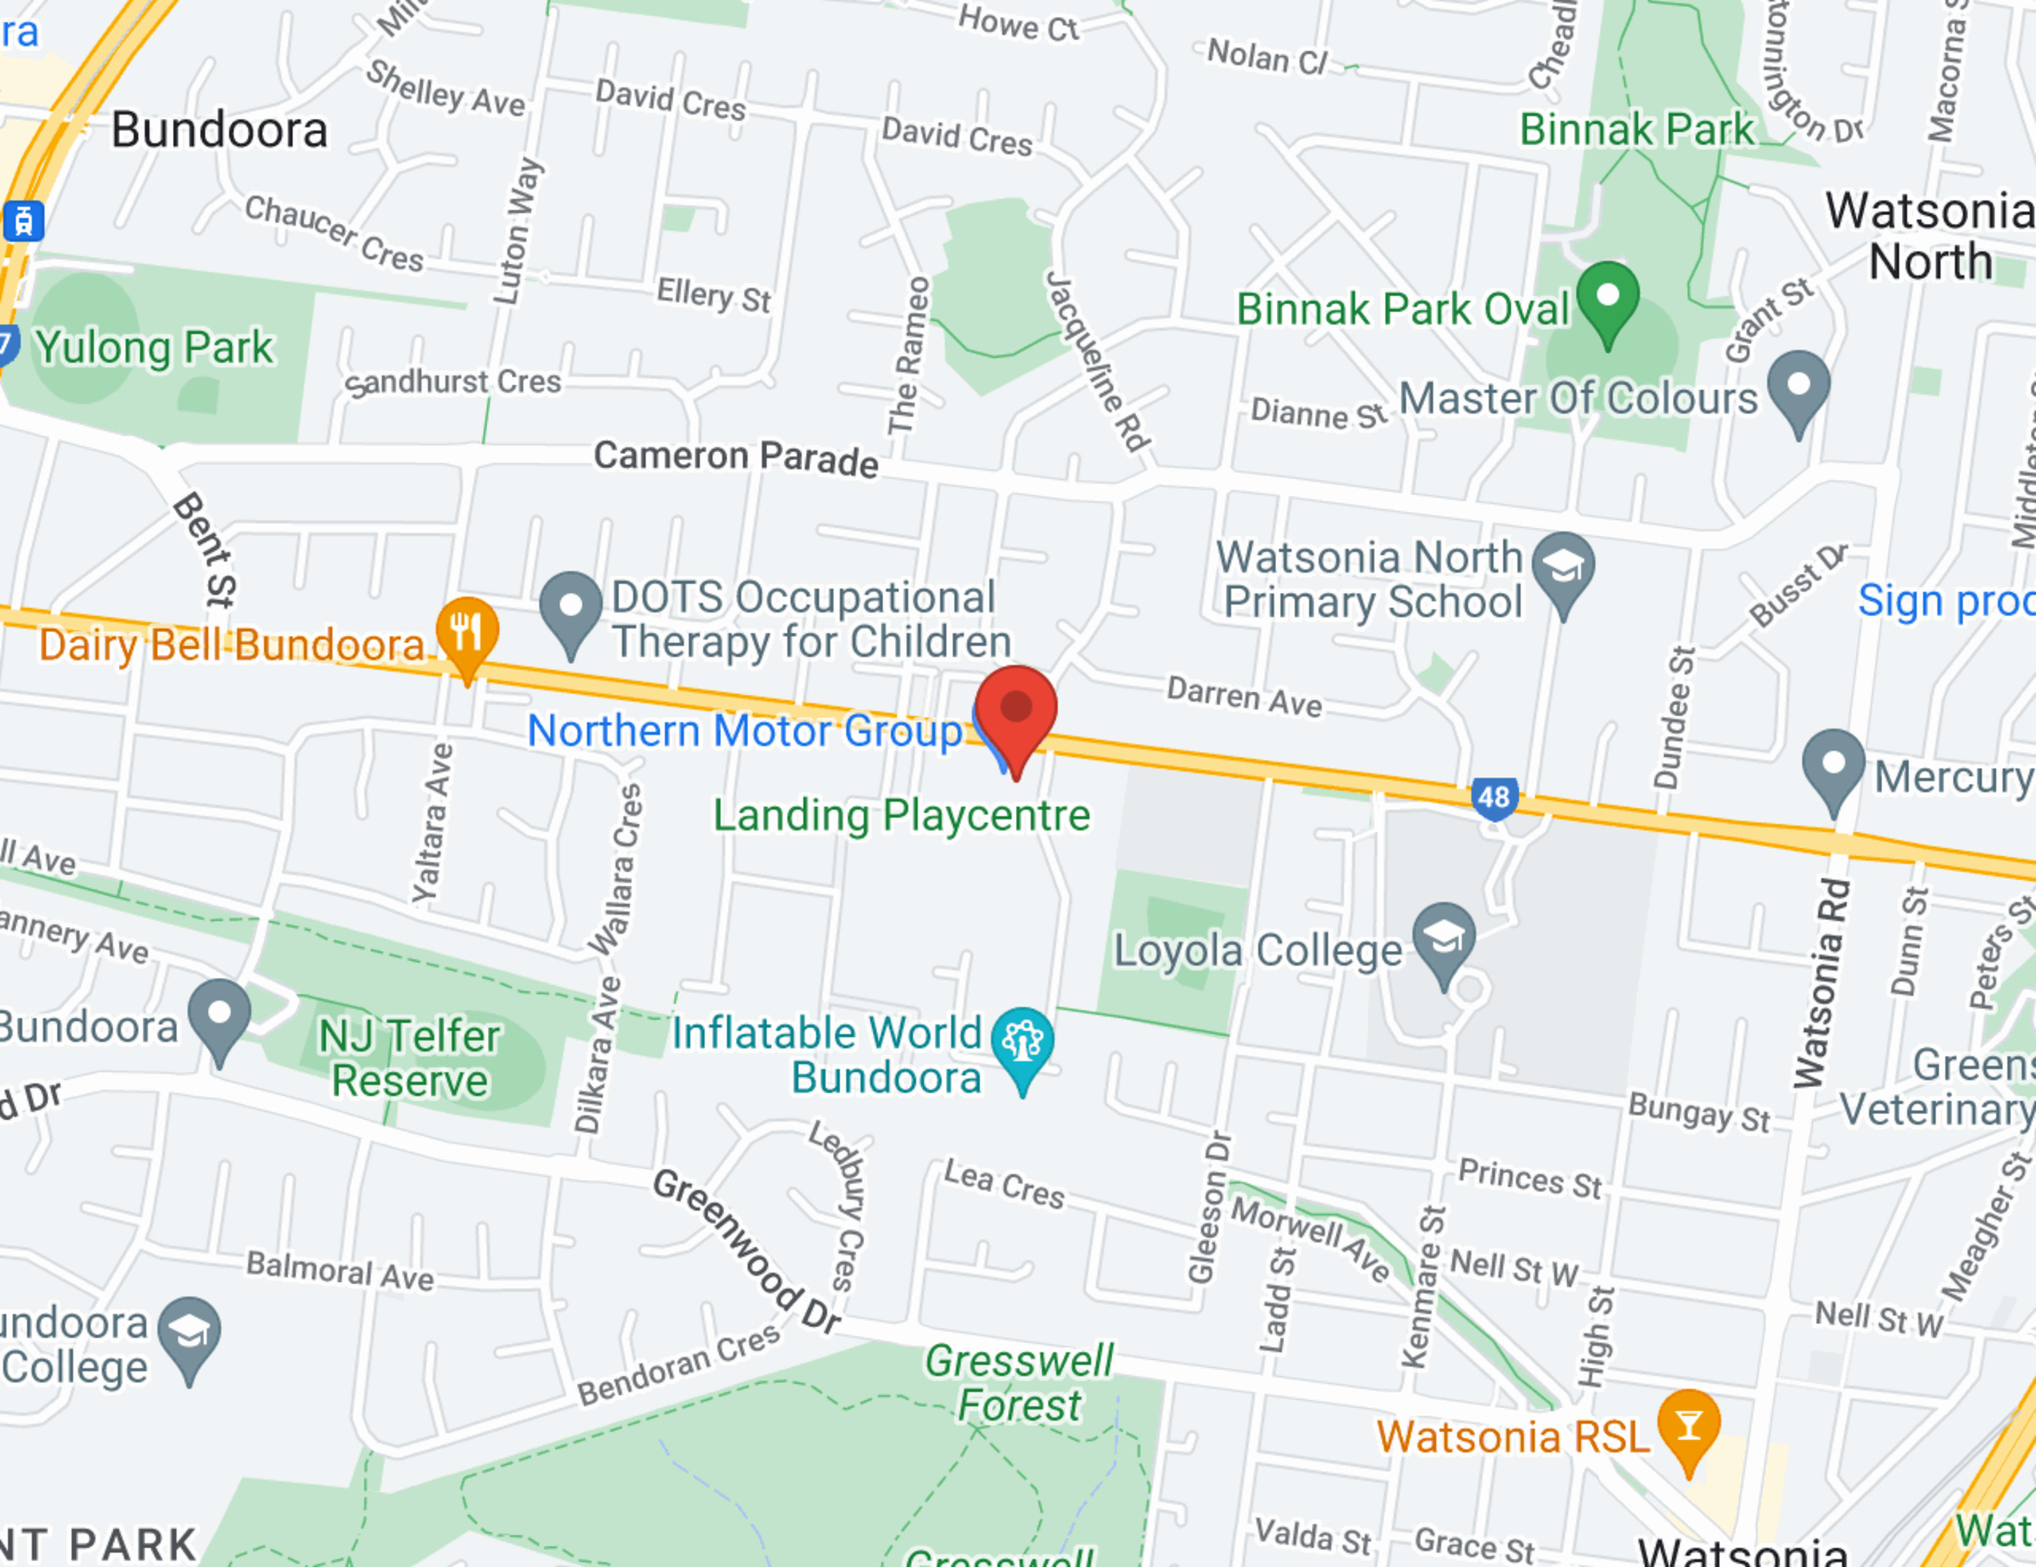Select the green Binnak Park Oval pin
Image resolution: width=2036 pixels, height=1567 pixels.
(x=1607, y=299)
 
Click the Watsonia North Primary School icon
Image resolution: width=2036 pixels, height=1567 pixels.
(x=1564, y=568)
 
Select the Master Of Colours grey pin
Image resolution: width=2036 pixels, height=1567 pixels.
(x=1798, y=386)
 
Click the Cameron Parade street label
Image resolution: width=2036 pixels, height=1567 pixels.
(x=735, y=458)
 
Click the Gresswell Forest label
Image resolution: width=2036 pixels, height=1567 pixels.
(x=1019, y=1384)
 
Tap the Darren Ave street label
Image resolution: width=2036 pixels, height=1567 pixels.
(x=1243, y=697)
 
